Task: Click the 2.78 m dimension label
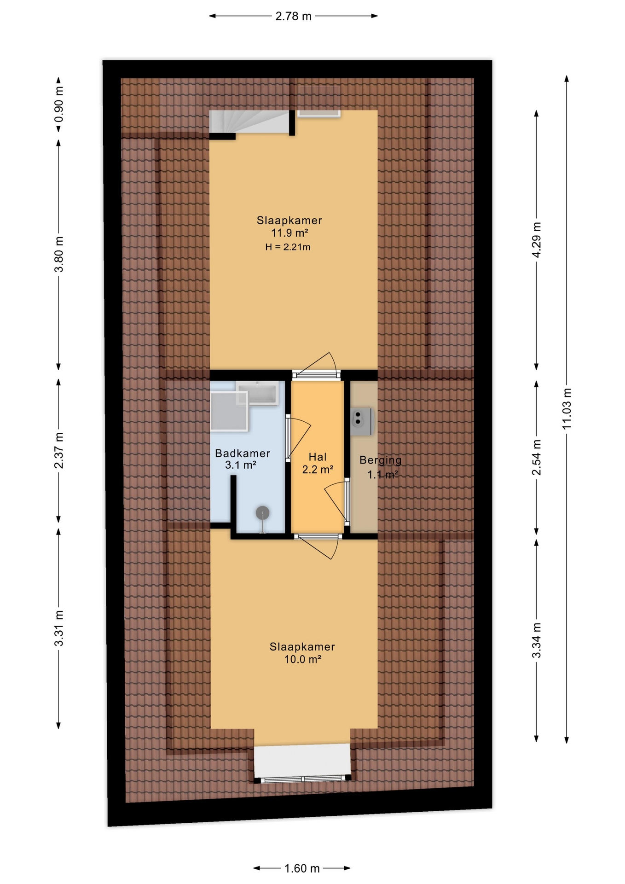point(293,17)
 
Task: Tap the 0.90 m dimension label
point(59,105)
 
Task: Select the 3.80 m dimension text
point(59,254)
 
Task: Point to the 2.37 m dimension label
point(59,451)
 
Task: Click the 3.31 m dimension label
point(59,628)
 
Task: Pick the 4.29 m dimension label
point(537,240)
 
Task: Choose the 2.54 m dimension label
point(537,458)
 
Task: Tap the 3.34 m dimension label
point(537,640)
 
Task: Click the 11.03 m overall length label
point(567,409)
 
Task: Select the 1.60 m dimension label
point(302,868)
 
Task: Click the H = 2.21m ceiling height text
point(288,247)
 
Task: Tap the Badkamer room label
point(243,454)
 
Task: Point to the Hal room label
point(318,457)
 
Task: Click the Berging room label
point(381,460)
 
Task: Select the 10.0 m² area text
point(302,659)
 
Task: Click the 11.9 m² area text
point(289,233)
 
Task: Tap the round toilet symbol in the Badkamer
point(262,512)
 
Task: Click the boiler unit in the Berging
point(362,422)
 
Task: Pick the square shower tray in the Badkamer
point(229,411)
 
